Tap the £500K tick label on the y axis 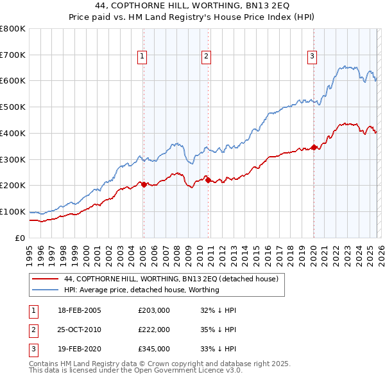(12, 107)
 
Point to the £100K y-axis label (12, 211)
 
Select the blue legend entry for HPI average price (142, 290)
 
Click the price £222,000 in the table (153, 330)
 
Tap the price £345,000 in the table (153, 349)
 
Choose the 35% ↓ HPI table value (218, 330)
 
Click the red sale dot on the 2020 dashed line (314, 147)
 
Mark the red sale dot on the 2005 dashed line (143, 184)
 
